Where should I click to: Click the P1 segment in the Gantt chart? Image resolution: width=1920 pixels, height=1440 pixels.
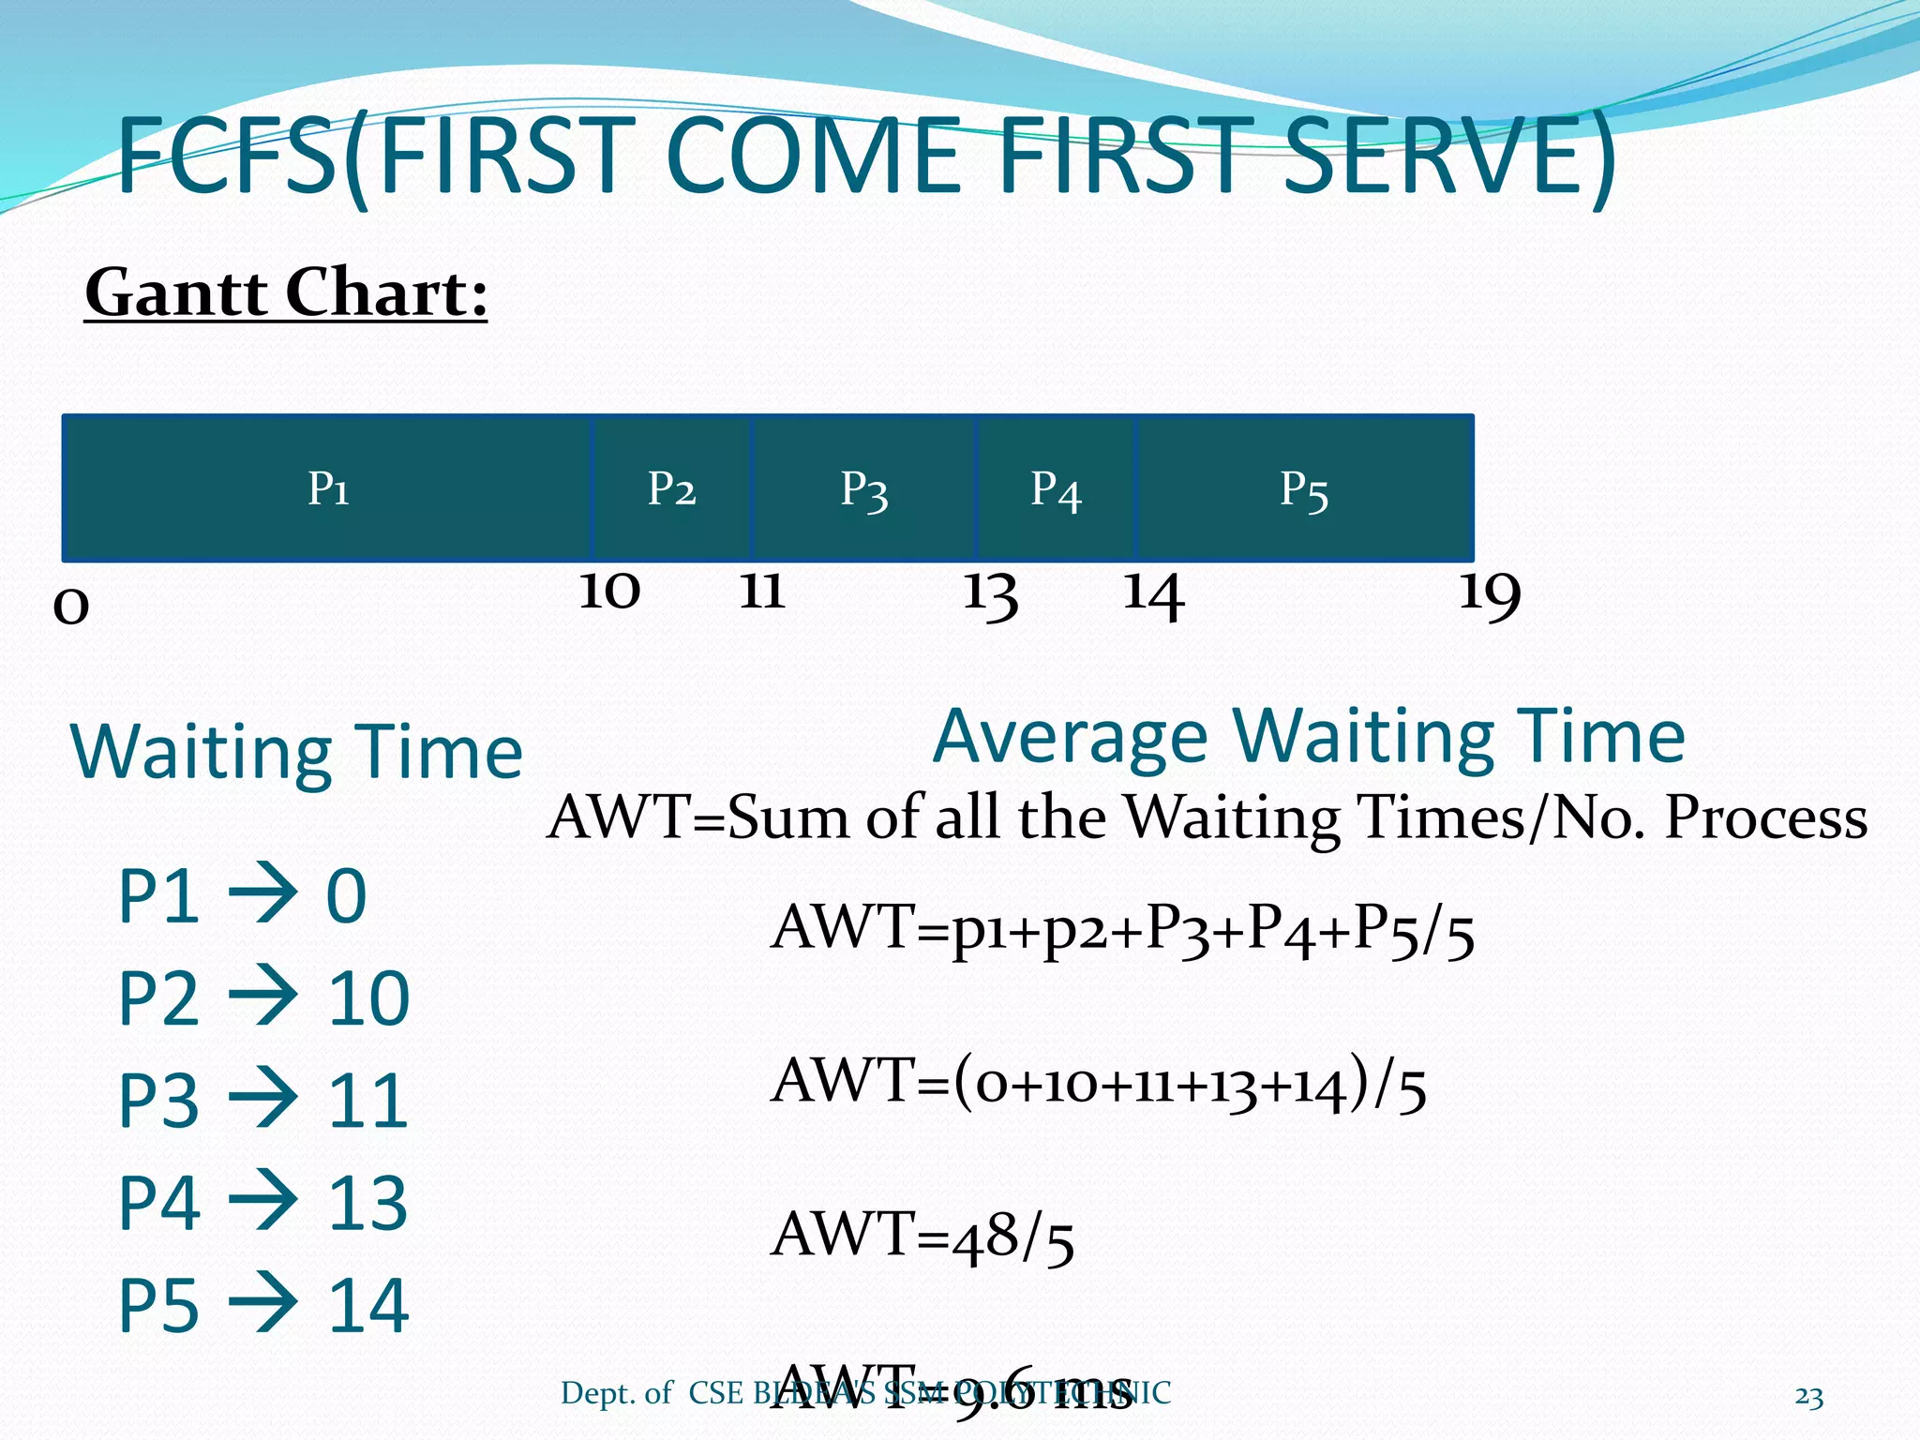(x=328, y=488)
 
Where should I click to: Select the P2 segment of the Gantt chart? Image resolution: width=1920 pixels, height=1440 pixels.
(x=671, y=488)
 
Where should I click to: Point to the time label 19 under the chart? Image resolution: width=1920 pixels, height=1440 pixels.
(x=1489, y=594)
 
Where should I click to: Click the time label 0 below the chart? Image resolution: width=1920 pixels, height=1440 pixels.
(x=71, y=606)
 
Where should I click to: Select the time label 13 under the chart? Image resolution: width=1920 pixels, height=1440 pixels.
(x=991, y=594)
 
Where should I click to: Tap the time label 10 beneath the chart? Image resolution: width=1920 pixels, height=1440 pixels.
(x=609, y=591)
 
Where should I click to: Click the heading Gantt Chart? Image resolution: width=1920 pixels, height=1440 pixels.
(x=286, y=293)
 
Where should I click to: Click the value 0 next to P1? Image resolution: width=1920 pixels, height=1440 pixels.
(x=346, y=896)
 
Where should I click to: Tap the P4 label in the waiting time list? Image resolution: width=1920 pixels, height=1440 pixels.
(x=158, y=1203)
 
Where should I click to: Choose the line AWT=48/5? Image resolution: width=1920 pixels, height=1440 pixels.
(x=922, y=1236)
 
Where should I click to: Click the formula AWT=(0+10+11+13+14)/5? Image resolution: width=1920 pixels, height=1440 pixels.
(x=1099, y=1084)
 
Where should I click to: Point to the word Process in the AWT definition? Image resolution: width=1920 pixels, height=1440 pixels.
(x=1765, y=817)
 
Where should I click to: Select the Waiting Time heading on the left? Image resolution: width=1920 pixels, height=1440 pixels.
(x=296, y=752)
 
